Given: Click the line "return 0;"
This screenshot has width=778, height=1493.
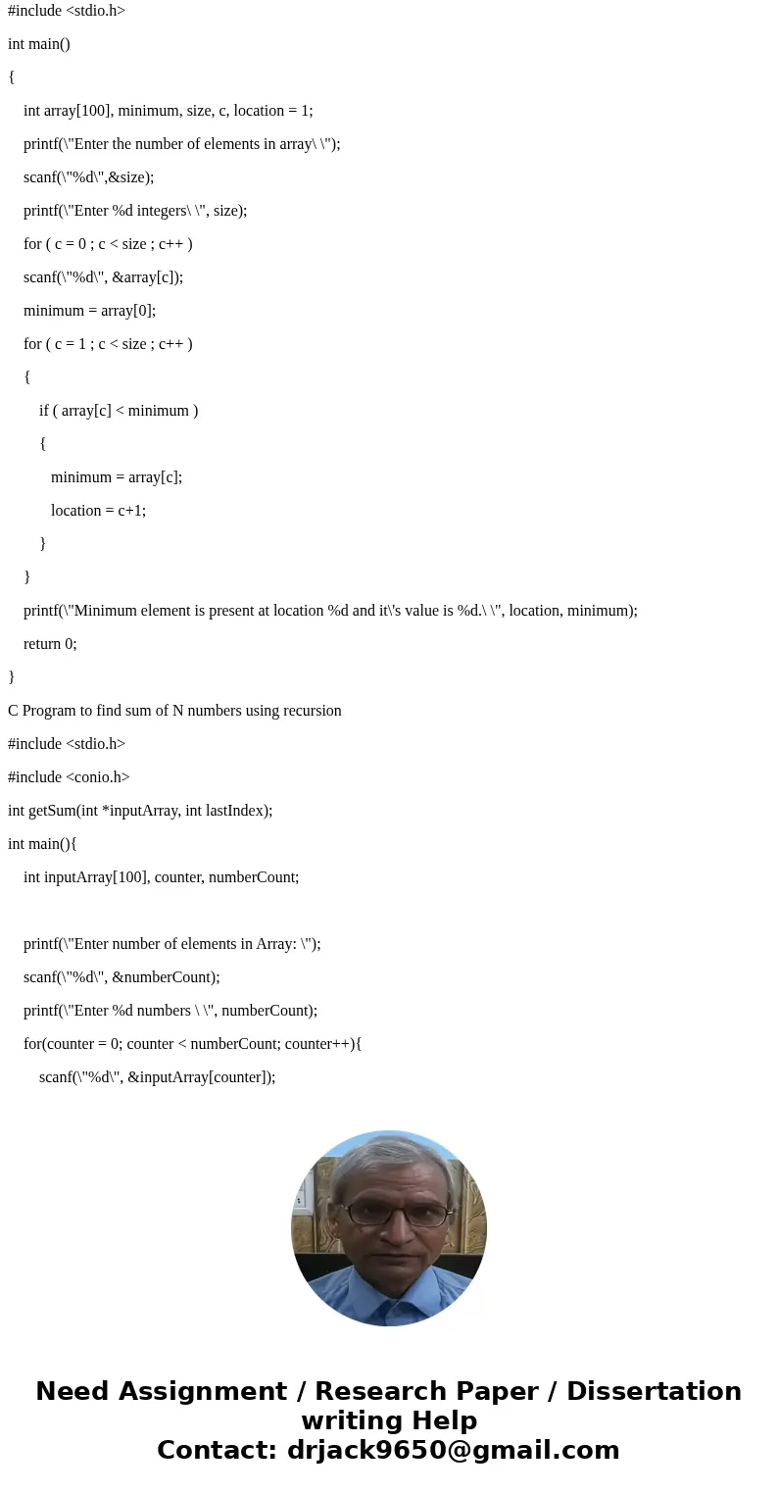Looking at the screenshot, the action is pos(50,644).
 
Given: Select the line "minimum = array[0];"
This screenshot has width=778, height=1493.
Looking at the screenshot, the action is pos(89,311).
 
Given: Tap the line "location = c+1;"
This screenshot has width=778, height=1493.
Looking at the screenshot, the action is pos(98,511).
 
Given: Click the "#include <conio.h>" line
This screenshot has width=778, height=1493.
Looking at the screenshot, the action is pos(69,777).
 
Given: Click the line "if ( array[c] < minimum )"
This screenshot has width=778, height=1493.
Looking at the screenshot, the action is pos(119,411).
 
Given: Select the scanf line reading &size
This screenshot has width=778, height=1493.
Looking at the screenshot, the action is pos(88,177).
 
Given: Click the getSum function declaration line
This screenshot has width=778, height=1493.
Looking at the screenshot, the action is pos(140,811).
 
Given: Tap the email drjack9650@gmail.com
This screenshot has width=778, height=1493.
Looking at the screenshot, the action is pos(453,1450).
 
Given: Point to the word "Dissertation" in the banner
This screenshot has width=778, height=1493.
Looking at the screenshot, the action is pos(654,1392).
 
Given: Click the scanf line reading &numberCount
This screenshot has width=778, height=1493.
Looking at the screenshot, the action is pos(122,977).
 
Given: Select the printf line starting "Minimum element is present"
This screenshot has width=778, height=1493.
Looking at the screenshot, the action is pos(330,611).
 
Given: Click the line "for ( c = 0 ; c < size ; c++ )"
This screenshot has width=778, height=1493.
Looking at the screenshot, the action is pos(108,244).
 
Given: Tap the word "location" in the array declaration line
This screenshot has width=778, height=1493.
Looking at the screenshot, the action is pos(259,111).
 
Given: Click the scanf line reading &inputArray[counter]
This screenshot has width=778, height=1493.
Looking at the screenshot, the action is pos(157,1077).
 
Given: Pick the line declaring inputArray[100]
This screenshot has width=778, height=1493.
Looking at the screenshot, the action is pos(161,877).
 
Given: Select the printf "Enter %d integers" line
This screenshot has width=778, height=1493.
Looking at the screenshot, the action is pos(135,211).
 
